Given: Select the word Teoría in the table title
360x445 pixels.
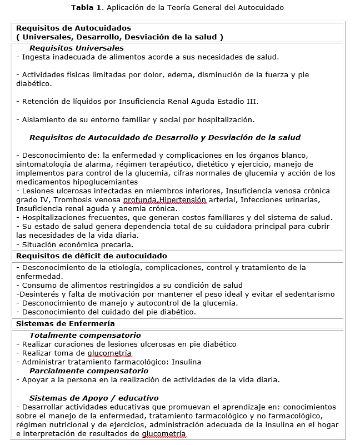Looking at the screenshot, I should [184, 8].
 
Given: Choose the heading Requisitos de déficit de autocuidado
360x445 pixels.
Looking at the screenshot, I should [92, 256].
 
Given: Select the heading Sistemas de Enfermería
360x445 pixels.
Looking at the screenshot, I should [66, 323].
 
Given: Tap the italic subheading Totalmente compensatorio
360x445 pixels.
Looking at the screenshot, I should [85, 336].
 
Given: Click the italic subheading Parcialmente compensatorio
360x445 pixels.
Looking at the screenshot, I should [89, 371].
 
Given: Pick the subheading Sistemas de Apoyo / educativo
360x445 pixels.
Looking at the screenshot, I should [94, 398].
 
